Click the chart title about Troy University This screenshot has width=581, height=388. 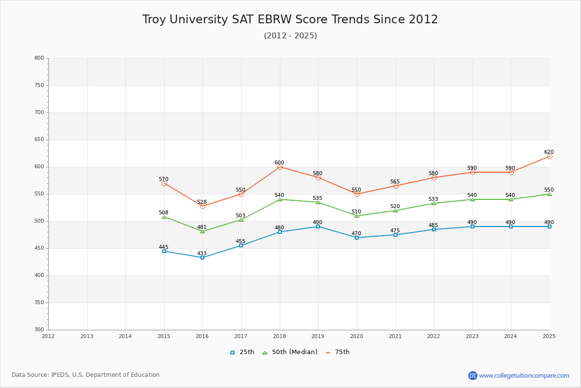point(290,19)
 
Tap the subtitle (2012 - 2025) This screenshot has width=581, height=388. point(290,36)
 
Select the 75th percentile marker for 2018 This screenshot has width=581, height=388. point(280,167)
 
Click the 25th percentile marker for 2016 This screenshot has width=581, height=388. point(202,258)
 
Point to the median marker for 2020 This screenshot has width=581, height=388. point(357,216)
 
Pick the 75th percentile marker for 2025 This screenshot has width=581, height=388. point(550,156)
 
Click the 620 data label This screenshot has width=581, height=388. point(549,152)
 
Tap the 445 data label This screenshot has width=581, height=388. point(164,247)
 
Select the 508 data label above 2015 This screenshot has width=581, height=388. point(164,212)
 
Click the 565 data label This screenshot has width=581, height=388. point(395,181)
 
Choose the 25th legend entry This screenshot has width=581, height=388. point(242,352)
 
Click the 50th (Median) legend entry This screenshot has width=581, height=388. point(290,352)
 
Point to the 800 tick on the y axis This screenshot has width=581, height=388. point(39,58)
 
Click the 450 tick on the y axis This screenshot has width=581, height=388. point(39,248)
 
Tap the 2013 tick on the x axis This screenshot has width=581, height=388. point(87,336)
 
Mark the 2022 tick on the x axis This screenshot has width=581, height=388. point(434,336)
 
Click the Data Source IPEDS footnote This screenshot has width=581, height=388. point(86,375)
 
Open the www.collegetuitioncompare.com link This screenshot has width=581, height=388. point(524,375)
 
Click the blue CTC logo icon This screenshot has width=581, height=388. point(473,375)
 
